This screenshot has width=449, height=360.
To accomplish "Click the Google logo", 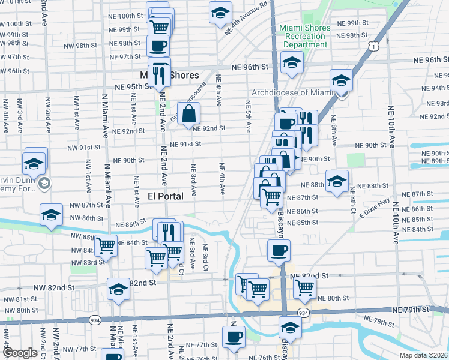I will pyautogui.click(x=20, y=352).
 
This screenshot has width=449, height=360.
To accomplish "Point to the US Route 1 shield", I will pyautogui.click(x=375, y=45).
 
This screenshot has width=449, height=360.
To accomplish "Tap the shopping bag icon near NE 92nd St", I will pyautogui.click(x=189, y=112).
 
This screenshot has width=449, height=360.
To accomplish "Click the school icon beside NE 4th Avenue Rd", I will pyautogui.click(x=220, y=12).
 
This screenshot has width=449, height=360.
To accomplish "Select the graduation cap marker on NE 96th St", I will pyautogui.click(x=292, y=63).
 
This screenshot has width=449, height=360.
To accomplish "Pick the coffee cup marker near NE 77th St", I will pyautogui.click(x=234, y=337).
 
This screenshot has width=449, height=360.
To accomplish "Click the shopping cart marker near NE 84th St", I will pyautogui.click(x=106, y=245).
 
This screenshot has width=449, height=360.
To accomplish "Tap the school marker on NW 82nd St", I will pyautogui.click(x=118, y=289).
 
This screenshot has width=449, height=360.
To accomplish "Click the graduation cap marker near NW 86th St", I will pyautogui.click(x=52, y=215).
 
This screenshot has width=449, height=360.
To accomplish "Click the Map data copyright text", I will pyautogui.click(x=423, y=355).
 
